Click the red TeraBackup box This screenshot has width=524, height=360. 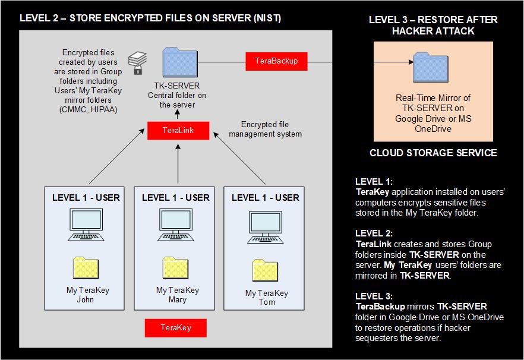tap(276, 61)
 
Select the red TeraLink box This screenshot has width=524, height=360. tap(178, 131)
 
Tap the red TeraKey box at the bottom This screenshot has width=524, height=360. tap(176, 328)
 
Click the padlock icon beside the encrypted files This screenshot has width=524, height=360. tap(138, 70)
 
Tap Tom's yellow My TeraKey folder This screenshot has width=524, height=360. tap(266, 271)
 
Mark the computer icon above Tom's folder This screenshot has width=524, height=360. tap(266, 226)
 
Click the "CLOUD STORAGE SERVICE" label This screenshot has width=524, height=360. tap(433, 153)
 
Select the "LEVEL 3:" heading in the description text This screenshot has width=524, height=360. tap(374, 295)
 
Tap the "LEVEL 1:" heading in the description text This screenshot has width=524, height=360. tap(374, 181)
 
